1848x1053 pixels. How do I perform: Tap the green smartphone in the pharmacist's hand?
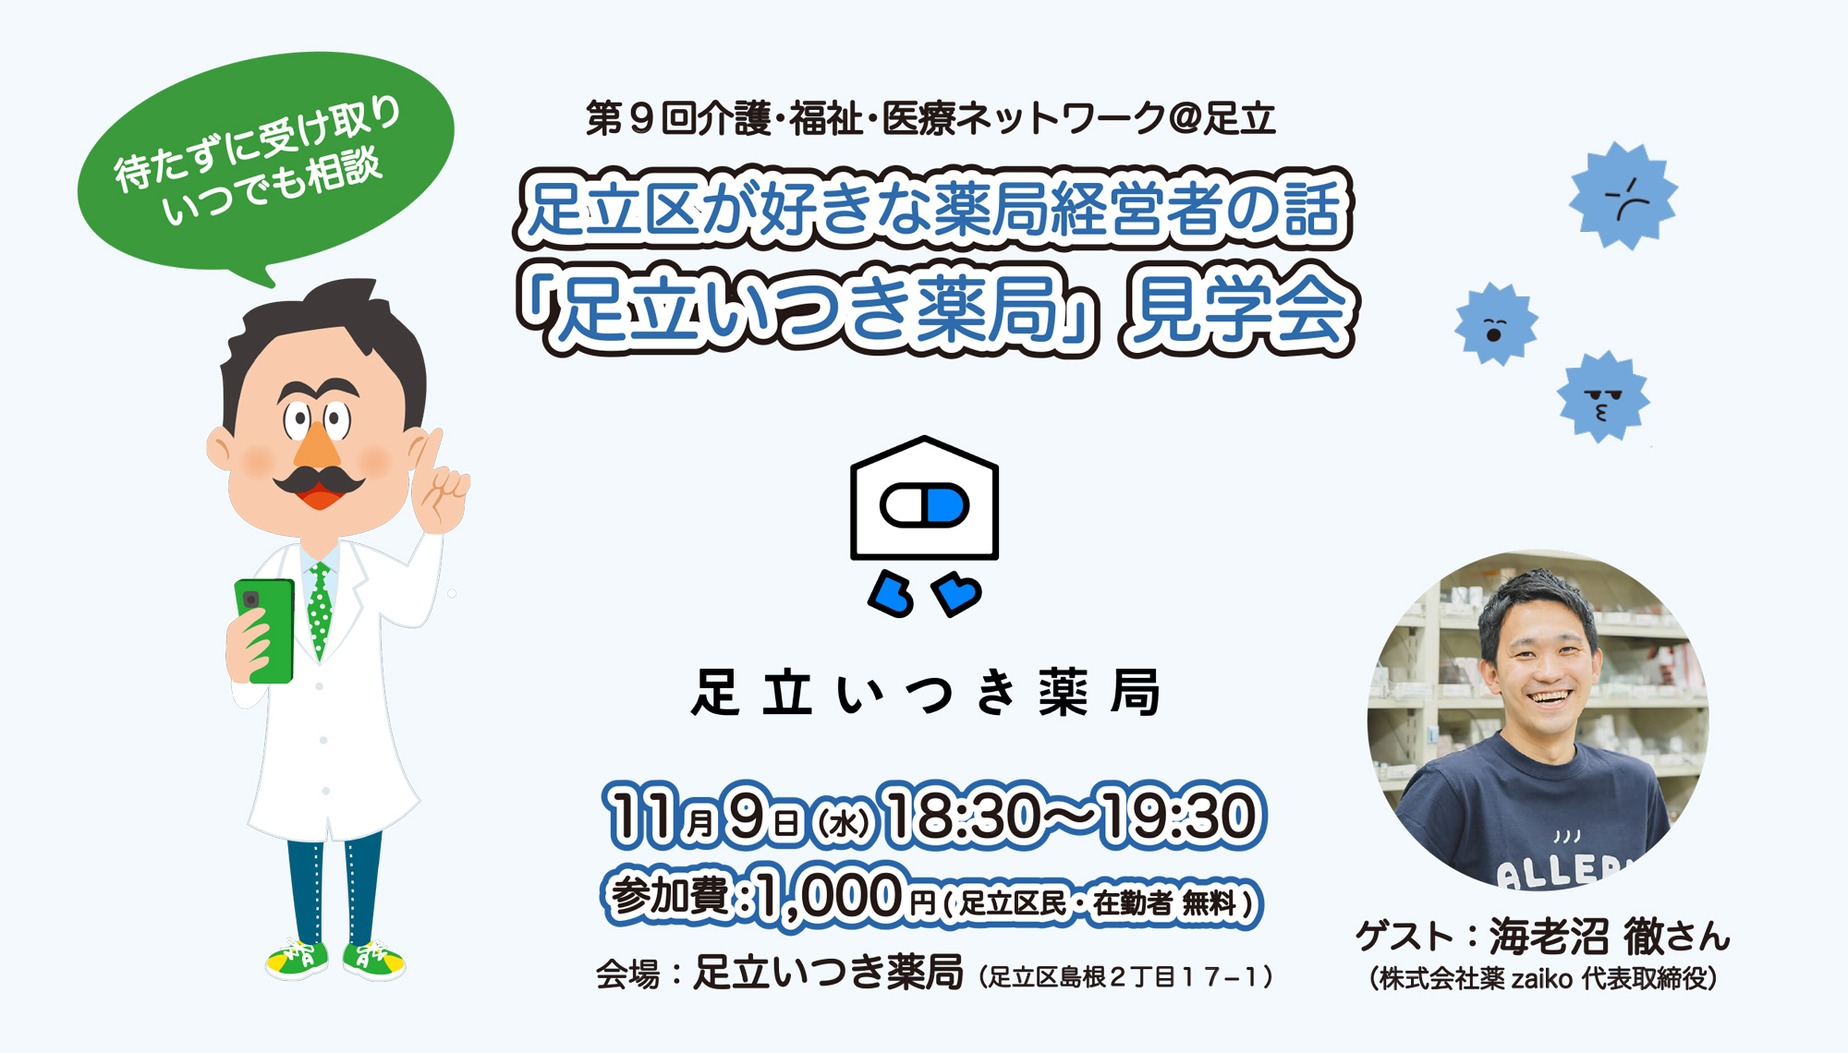point(265,631)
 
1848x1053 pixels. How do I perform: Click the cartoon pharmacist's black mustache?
point(319,480)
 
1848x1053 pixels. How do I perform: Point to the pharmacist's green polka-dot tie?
point(320,610)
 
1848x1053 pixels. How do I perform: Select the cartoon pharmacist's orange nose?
point(317,442)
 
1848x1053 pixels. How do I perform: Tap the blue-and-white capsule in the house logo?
point(924,505)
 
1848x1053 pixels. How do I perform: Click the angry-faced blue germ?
point(1623,196)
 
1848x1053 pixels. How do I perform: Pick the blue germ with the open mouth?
point(1496,324)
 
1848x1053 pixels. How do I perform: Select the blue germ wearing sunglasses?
point(1603,396)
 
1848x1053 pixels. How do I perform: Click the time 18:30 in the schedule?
point(962,816)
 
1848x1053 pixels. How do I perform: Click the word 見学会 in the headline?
point(1238,309)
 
